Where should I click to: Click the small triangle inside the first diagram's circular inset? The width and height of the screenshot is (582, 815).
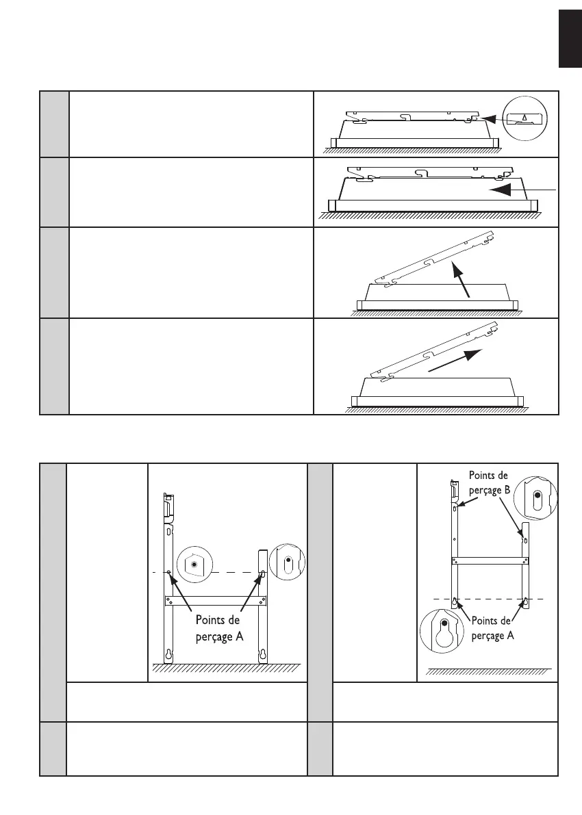point(524,117)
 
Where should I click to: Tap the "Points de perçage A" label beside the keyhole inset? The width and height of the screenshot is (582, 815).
point(491,628)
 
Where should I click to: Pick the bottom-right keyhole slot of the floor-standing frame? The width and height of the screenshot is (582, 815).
point(262,655)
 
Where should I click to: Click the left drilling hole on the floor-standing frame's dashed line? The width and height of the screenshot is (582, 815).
point(169,571)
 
